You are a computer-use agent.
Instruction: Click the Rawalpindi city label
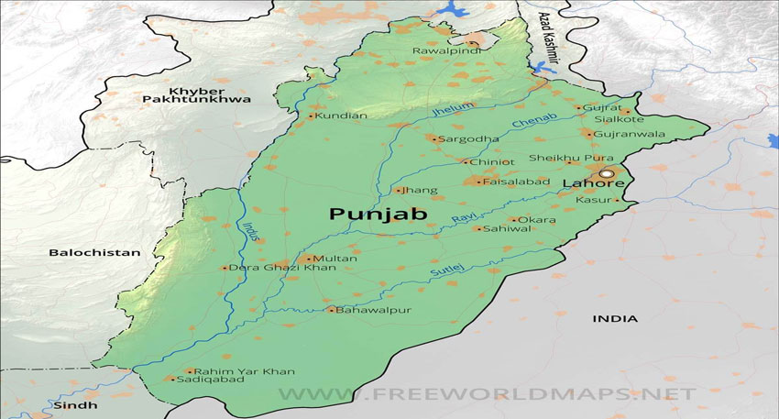(444, 50)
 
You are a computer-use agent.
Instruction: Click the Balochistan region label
(95, 252)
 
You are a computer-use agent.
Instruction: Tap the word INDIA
(615, 318)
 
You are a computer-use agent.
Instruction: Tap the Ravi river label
(460, 218)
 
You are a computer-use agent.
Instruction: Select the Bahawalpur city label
(374, 310)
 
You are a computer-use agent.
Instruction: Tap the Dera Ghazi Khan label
(271, 268)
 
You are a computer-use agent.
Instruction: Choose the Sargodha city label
(467, 139)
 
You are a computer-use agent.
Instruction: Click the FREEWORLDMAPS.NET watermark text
(487, 393)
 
